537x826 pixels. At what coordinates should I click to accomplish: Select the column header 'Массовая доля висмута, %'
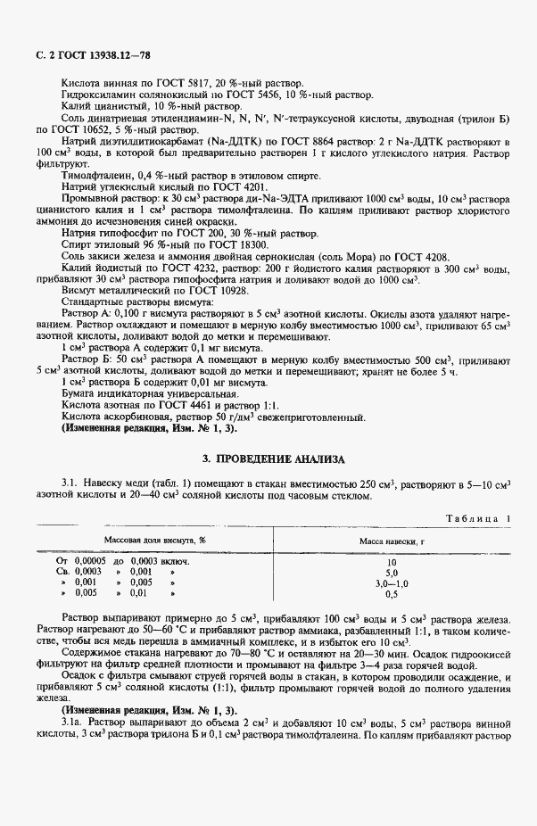155,540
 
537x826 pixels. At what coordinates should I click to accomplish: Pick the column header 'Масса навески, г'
390,540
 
